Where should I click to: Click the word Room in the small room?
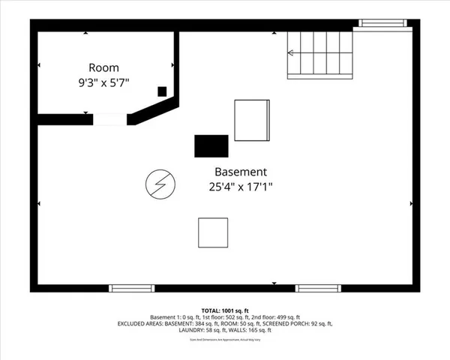[x=103, y=67]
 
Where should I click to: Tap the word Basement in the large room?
[x=240, y=171]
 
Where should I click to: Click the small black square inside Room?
[x=162, y=91]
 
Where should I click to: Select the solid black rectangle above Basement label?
[x=211, y=146]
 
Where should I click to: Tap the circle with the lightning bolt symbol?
[x=160, y=184]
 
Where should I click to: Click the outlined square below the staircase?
[x=251, y=120]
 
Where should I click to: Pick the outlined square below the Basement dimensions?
[x=213, y=232]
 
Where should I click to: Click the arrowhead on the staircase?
[x=290, y=52]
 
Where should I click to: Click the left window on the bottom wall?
[x=131, y=288]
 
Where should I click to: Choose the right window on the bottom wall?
[x=318, y=288]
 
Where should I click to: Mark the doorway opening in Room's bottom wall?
[x=108, y=118]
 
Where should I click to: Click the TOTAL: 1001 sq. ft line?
[x=224, y=309]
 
